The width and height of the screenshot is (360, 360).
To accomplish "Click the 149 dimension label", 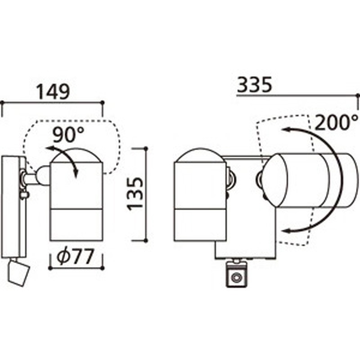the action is tap(53, 92).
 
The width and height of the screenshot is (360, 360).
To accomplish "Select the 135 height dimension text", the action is tap(135, 194).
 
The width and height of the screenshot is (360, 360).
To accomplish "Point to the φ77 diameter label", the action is tap(75, 256).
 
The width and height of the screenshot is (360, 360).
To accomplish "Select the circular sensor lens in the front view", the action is tap(235, 278).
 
